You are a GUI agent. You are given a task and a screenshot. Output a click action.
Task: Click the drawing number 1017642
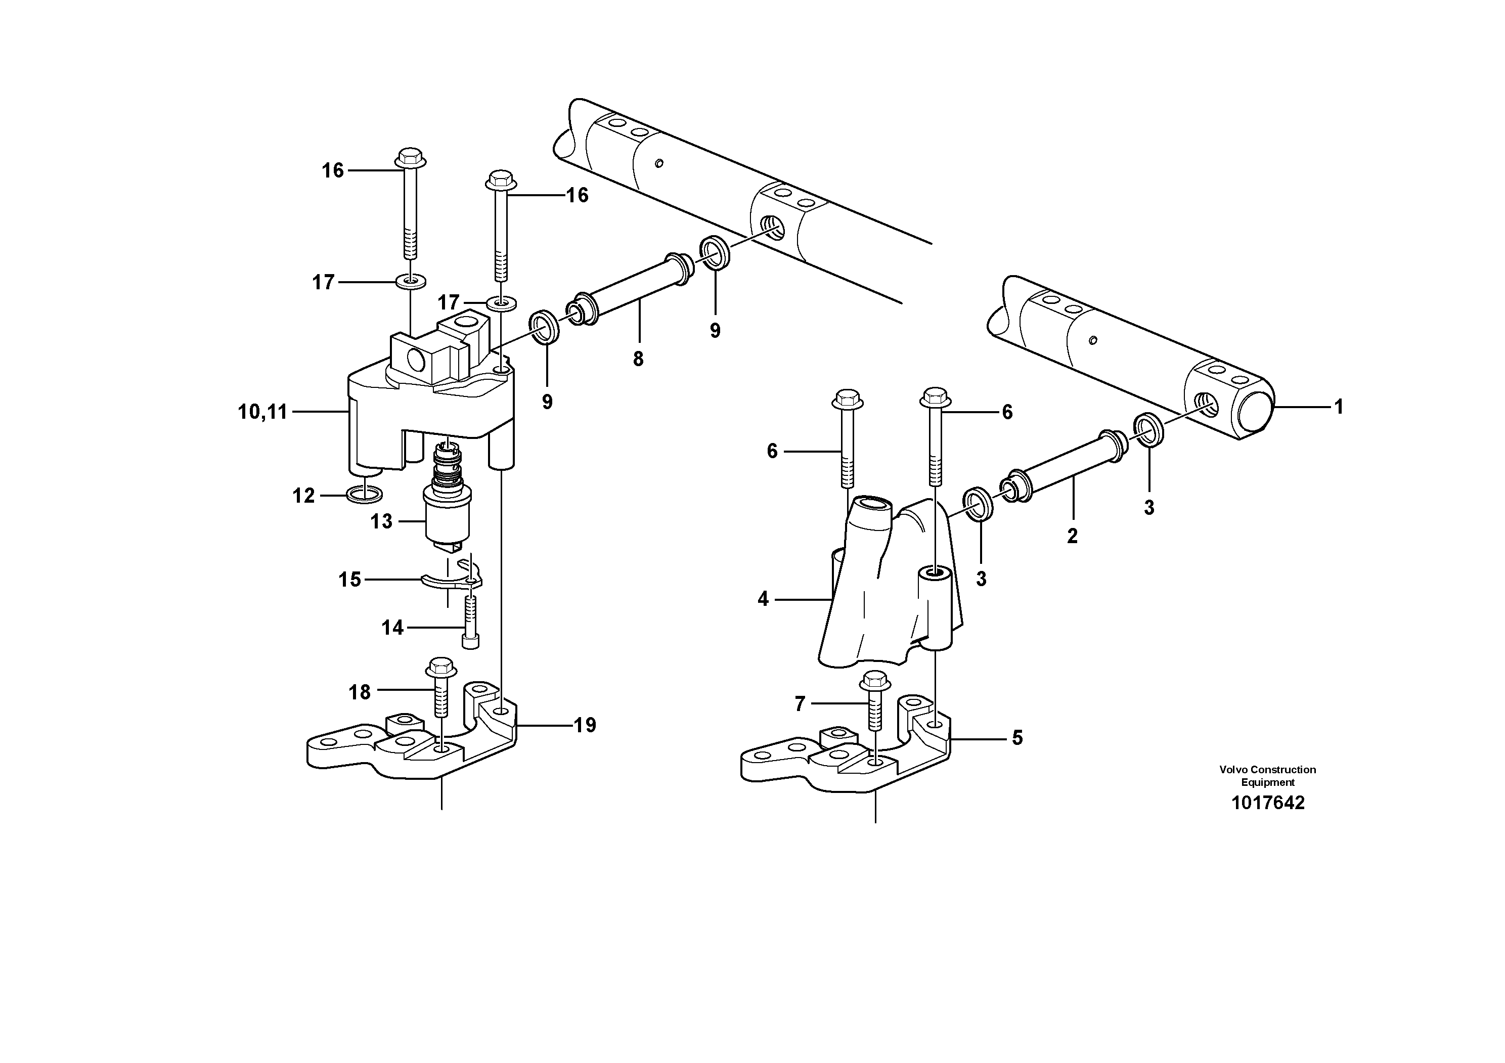[x=1268, y=803]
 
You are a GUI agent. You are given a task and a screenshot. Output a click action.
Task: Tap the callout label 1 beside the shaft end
[x=1339, y=407]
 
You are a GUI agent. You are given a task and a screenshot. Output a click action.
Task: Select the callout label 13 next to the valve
[x=381, y=522]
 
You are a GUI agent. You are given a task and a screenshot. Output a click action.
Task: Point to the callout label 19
[x=585, y=726]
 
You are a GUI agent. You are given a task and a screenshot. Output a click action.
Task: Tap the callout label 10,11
[x=262, y=412]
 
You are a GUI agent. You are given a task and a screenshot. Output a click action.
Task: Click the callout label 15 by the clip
[x=349, y=580]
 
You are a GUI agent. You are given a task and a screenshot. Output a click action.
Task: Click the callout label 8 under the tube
[x=638, y=359]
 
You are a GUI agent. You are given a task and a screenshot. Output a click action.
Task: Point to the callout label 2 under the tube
[x=1072, y=536]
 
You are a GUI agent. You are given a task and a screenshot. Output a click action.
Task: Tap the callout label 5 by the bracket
[x=1016, y=739]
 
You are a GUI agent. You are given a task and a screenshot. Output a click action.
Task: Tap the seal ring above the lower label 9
[x=544, y=327]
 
